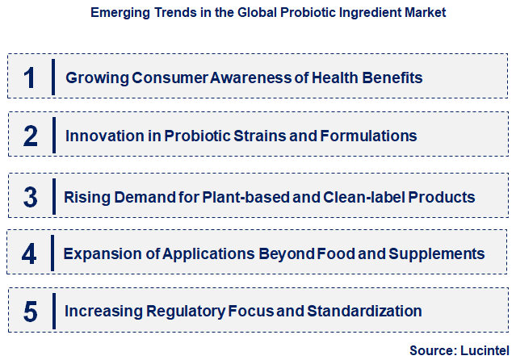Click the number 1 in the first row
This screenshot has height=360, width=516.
coord(30,77)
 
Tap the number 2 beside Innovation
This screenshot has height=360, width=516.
coord(30,136)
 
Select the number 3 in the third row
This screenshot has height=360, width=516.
coord(30,197)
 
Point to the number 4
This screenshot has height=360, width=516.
coord(30,254)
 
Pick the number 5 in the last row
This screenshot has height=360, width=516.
coord(30,311)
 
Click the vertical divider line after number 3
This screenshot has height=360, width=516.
coord(52,196)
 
